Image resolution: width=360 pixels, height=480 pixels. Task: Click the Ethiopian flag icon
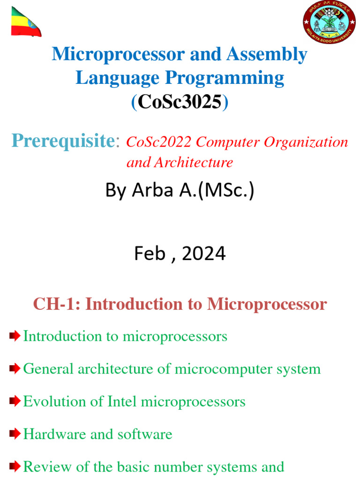[26, 22]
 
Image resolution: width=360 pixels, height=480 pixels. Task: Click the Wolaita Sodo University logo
[328, 22]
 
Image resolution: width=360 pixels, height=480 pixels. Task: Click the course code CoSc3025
[180, 102]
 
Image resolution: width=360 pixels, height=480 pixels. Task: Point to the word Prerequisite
[63, 140]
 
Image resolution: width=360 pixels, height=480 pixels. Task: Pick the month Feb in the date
[150, 254]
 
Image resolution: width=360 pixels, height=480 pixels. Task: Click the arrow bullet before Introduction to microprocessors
[15, 336]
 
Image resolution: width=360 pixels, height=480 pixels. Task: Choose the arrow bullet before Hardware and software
[15, 434]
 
